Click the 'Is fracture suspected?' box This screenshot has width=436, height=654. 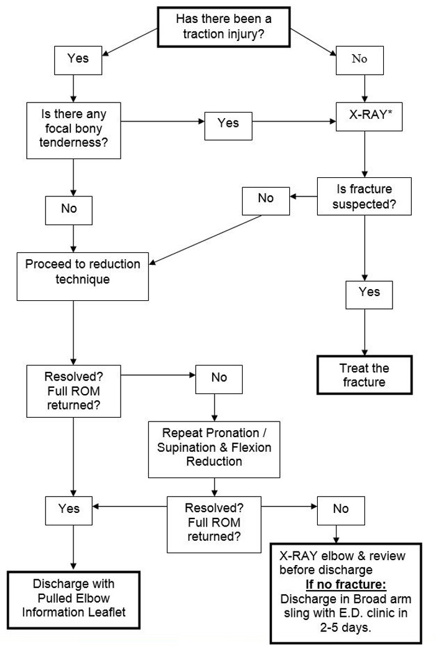click(363, 196)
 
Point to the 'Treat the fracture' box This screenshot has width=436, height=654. click(364, 375)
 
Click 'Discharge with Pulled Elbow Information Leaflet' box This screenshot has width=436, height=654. click(74, 598)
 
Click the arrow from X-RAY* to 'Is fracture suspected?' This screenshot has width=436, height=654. click(364, 154)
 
